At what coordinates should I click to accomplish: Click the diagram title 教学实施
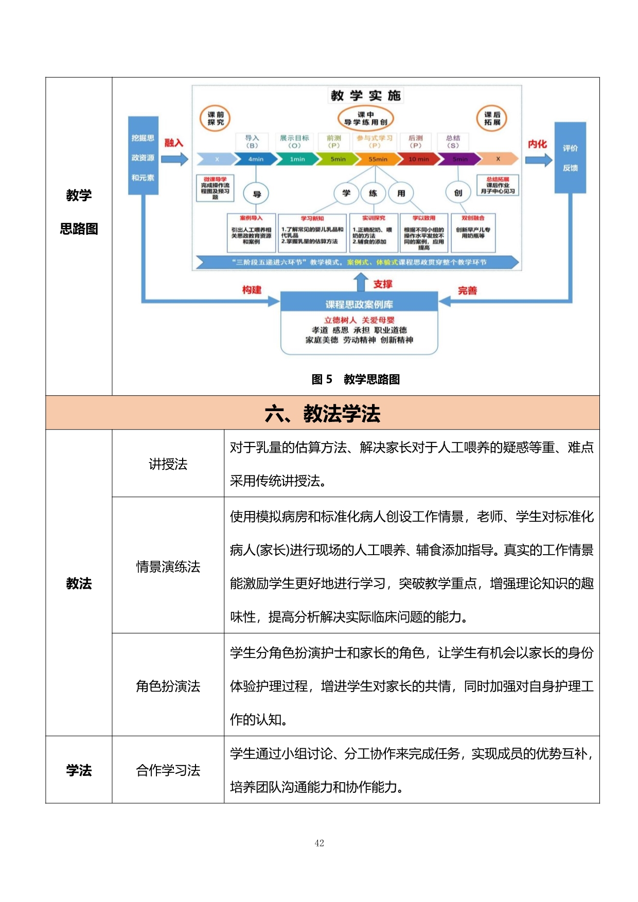pos(365,96)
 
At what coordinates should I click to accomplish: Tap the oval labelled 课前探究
pos(215,118)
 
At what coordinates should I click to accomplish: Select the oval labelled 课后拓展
pos(492,118)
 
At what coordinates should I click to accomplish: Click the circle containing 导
pos(257,194)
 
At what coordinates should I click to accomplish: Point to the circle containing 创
pos(458,193)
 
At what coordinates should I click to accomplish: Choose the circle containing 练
pos(373,193)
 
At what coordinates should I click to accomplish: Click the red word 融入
pos(173,143)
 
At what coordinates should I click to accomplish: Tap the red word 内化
pos(537,144)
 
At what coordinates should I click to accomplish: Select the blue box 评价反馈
pos(570,158)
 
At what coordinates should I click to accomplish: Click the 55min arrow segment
pos(378,160)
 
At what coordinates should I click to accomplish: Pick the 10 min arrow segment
pos(419,160)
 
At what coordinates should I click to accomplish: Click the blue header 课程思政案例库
pos(359,304)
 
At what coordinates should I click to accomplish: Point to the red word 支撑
pos(382,284)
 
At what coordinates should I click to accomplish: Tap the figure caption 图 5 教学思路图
pos(356,379)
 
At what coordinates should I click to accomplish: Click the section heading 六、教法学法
pos(323,413)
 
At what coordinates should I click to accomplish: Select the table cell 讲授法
pos(168,464)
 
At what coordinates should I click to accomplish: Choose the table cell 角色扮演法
pos(168,686)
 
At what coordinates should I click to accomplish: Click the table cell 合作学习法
pos(168,770)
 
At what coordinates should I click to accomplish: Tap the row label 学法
pos(79,770)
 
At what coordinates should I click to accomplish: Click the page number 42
pos(319,843)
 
